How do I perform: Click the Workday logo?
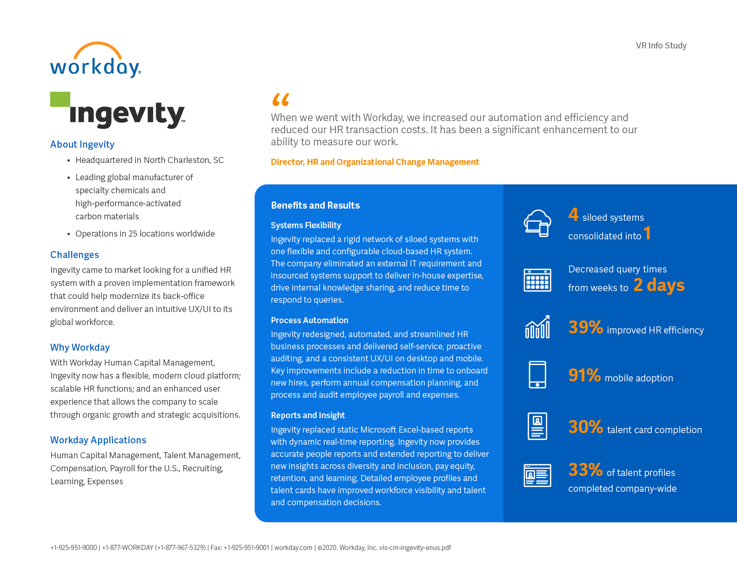(x=95, y=61)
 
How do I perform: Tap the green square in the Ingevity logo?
(x=60, y=99)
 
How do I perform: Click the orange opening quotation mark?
(x=281, y=100)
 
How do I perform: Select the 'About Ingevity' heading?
(x=82, y=144)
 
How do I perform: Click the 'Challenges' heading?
(x=74, y=255)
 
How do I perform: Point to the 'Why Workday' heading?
(x=80, y=347)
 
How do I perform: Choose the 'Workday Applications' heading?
(x=98, y=440)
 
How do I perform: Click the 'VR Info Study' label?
(x=661, y=46)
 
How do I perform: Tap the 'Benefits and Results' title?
(x=315, y=205)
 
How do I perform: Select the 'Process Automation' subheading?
(x=309, y=320)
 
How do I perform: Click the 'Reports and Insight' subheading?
(x=308, y=415)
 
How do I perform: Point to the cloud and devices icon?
(x=537, y=223)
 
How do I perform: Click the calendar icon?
(x=537, y=280)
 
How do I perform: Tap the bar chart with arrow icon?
(x=537, y=327)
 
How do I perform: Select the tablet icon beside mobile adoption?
(x=537, y=374)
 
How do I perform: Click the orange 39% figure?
(x=585, y=327)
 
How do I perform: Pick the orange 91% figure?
(x=584, y=375)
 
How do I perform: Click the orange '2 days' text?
(x=659, y=285)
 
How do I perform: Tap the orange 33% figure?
(x=585, y=470)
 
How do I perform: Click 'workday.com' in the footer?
(x=293, y=548)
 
